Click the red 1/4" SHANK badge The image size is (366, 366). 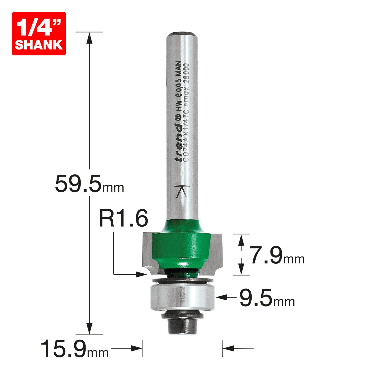[x=39, y=34]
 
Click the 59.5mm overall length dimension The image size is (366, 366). [x=89, y=184]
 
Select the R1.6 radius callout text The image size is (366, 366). [x=124, y=219]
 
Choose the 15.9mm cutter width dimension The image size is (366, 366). [x=74, y=348]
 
